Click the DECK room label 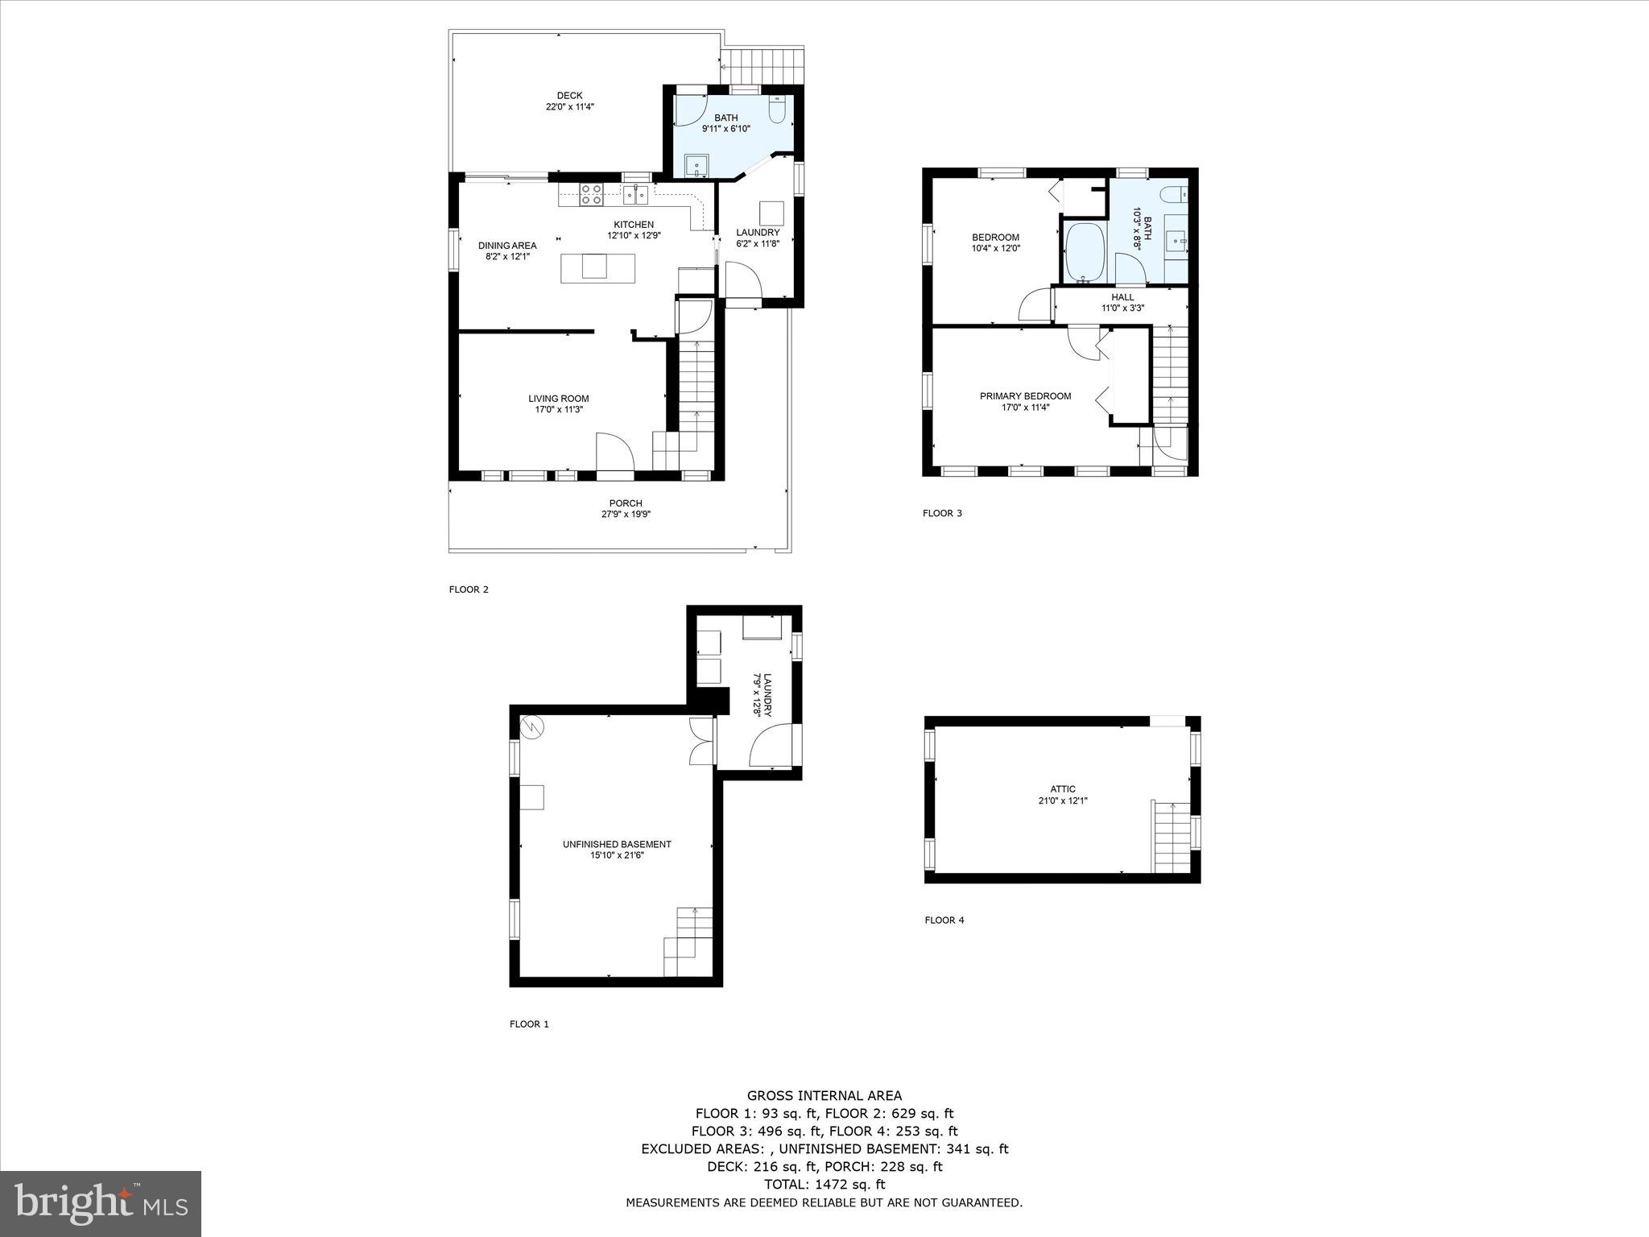point(569,96)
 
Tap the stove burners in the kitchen point(592,194)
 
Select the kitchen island point(597,267)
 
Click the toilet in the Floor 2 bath point(778,110)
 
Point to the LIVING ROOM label point(558,399)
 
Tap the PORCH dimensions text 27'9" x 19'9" point(625,514)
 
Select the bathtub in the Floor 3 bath point(1084,252)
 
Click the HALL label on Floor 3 point(1122,297)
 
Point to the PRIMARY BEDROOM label point(1025,396)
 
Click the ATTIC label point(1062,789)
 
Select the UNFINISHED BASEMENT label point(617,845)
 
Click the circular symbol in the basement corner point(532,727)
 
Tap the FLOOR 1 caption point(529,1024)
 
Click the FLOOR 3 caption point(942,513)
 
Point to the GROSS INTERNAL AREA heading point(824,1095)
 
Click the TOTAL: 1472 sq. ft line point(824,1185)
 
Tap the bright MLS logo point(101,1203)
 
